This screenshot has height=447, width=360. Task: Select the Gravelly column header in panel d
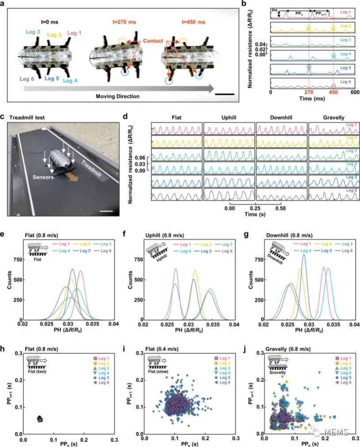click(333, 118)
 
